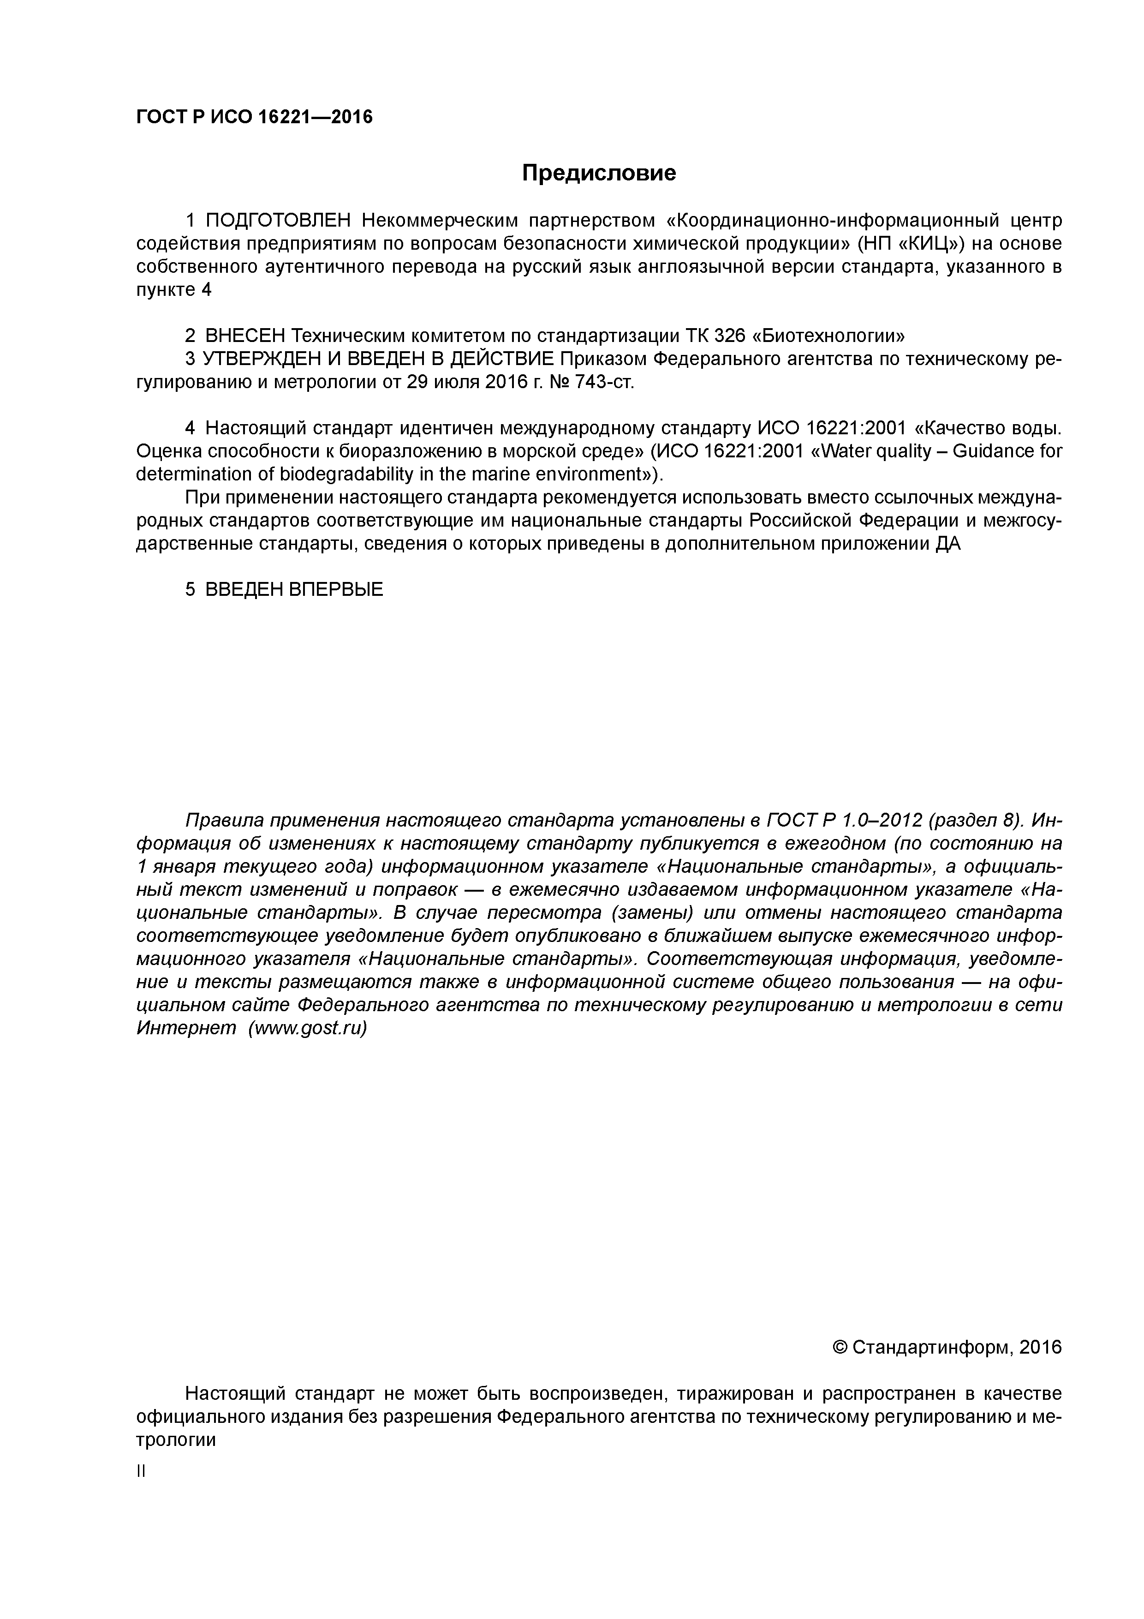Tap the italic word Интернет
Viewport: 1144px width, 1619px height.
click(186, 1029)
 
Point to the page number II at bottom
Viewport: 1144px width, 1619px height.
click(140, 1472)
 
